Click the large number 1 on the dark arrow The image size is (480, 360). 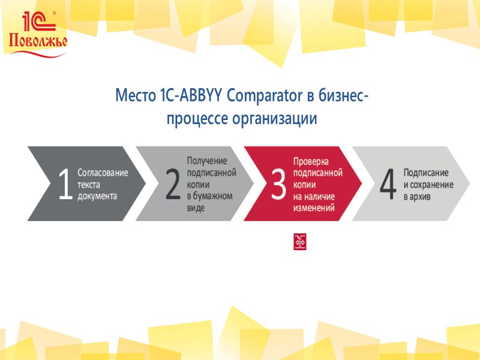pyautogui.click(x=65, y=184)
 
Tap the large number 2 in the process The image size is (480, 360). pyautogui.click(x=173, y=184)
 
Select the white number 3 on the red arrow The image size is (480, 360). pyautogui.click(x=278, y=184)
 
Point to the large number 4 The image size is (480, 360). pyautogui.click(x=388, y=184)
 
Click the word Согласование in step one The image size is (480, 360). pyautogui.click(x=103, y=173)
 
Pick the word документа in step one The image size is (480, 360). pyautogui.click(x=97, y=196)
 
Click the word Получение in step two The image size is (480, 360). pyautogui.click(x=207, y=161)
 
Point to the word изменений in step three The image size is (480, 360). pyautogui.click(x=314, y=208)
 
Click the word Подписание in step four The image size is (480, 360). pyautogui.click(x=425, y=173)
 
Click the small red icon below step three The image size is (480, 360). pyautogui.click(x=300, y=242)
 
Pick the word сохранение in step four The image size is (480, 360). pyautogui.click(x=432, y=184)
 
